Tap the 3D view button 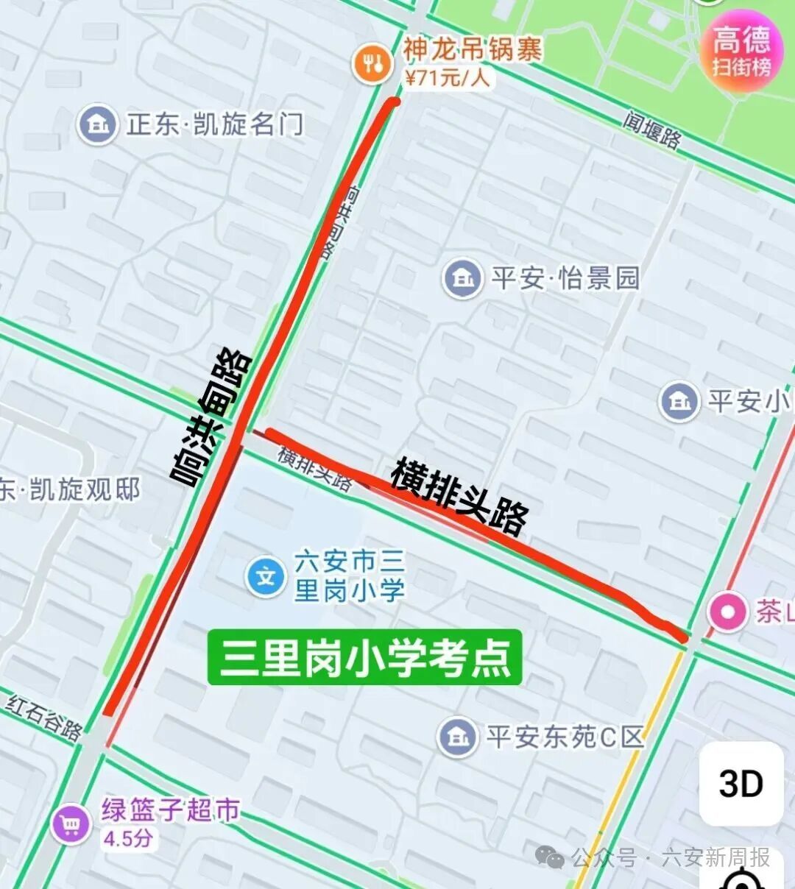pyautogui.click(x=741, y=784)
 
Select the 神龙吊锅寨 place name pyautogui.click(x=472, y=50)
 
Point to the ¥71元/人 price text pyautogui.click(x=447, y=77)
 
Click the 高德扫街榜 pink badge pyautogui.click(x=742, y=50)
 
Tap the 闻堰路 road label pyautogui.click(x=652, y=129)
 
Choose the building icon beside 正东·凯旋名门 pyautogui.click(x=97, y=124)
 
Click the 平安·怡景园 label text pyautogui.click(x=565, y=278)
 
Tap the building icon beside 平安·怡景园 pyautogui.click(x=462, y=278)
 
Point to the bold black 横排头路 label pyautogui.click(x=459, y=496)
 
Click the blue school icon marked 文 pyautogui.click(x=266, y=576)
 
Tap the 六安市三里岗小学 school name pyautogui.click(x=349, y=576)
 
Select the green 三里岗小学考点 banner pyautogui.click(x=364, y=657)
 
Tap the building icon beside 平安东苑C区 pyautogui.click(x=457, y=737)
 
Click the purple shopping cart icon pyautogui.click(x=71, y=824)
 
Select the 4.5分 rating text pyautogui.click(x=128, y=838)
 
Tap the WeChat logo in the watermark pyautogui.click(x=550, y=857)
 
